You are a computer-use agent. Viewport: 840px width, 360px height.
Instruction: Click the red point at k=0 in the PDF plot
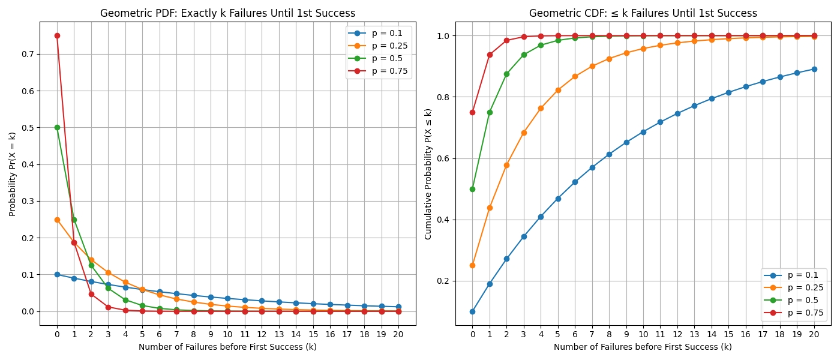[x=57, y=35]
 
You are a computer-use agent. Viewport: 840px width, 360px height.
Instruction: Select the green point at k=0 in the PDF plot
[x=57, y=127]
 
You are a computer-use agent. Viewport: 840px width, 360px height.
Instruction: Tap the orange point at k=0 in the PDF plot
[x=57, y=220]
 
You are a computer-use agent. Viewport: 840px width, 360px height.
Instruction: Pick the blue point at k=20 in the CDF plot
[x=814, y=69]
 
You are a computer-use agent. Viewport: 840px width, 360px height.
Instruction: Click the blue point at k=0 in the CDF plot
[x=472, y=311]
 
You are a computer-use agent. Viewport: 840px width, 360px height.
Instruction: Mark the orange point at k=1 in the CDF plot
[x=490, y=208]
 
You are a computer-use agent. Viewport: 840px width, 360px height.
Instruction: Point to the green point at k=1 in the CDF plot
[x=490, y=112]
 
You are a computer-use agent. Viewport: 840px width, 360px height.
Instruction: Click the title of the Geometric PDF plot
[x=227, y=13]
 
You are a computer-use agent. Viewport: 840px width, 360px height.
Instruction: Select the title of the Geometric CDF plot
[x=643, y=13]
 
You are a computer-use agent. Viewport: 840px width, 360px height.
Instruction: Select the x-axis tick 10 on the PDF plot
[x=227, y=332]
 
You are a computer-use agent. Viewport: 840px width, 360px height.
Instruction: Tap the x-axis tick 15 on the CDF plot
[x=728, y=332]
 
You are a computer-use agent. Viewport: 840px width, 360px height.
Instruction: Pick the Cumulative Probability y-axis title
[x=428, y=174]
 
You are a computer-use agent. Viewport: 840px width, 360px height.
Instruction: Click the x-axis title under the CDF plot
[x=643, y=347]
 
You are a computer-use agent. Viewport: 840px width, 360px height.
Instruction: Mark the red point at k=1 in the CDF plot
[x=490, y=55]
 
